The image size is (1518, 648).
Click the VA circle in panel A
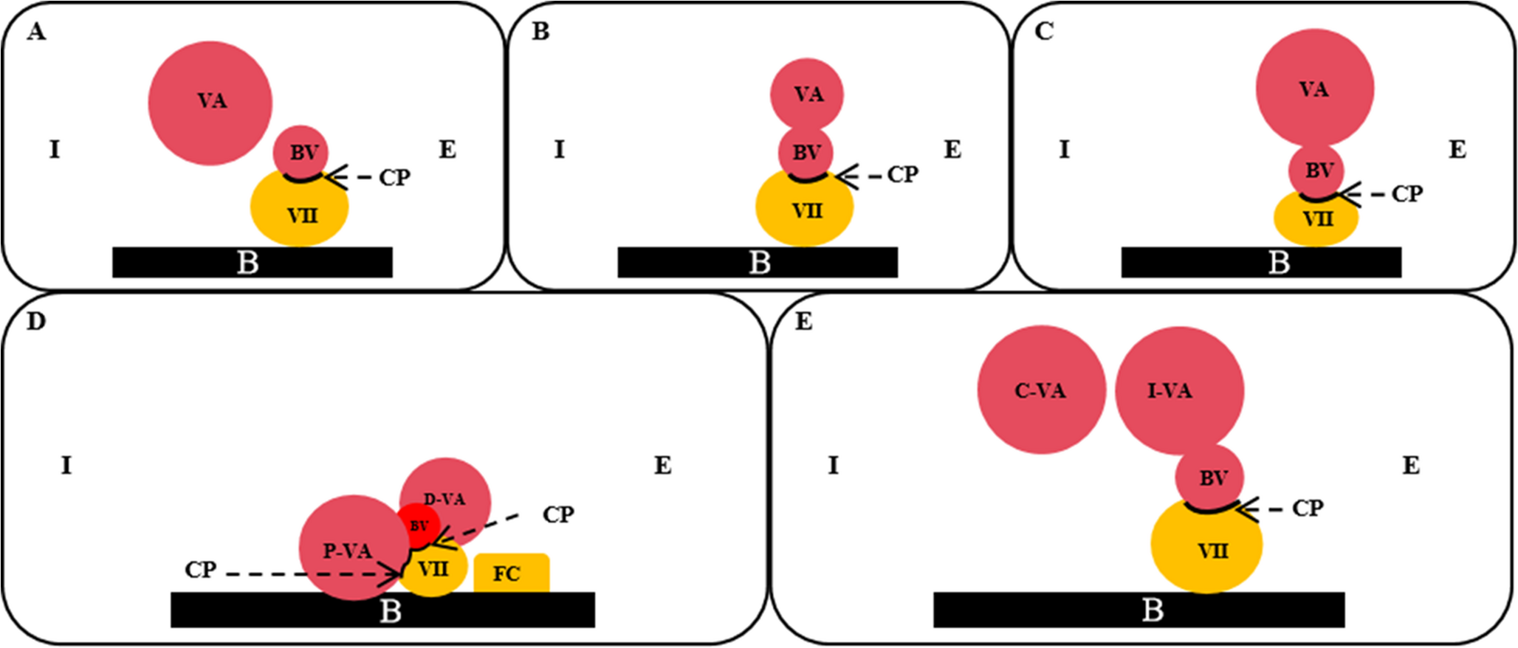tap(210, 103)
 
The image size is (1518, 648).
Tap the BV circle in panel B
tap(806, 152)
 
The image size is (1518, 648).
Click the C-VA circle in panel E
tap(1041, 390)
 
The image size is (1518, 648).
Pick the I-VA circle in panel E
tap(1178, 390)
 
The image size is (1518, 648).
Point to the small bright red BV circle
tap(419, 525)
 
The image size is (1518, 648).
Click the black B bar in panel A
tap(252, 262)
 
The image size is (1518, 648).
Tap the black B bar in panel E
tap(1138, 610)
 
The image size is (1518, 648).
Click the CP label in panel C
tap(1407, 194)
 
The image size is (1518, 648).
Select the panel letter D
tap(35, 322)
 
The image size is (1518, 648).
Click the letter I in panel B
tap(559, 150)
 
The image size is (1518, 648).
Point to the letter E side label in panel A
tap(447, 150)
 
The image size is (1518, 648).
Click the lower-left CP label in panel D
tap(200, 571)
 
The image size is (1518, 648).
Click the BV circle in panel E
tap(1209, 478)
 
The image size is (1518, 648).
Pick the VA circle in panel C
tap(1314, 88)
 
